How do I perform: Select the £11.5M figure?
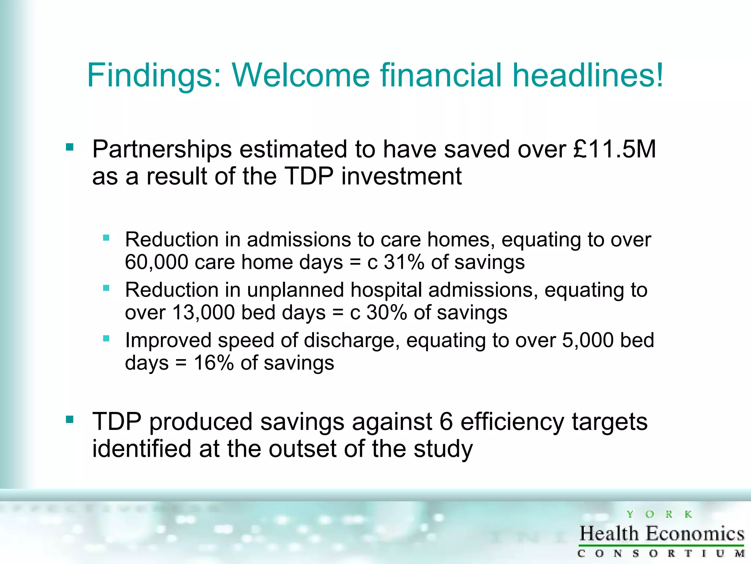(614, 149)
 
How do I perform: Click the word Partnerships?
(162, 149)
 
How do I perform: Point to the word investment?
(401, 176)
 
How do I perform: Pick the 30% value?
(387, 312)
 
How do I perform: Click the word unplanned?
(296, 290)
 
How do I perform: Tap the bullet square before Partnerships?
(70, 148)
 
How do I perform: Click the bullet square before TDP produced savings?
(70, 419)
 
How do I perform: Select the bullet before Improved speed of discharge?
(106, 338)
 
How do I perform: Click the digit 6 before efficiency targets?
(446, 422)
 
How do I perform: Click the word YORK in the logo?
(659, 514)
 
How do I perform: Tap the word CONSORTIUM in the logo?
(661, 553)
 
